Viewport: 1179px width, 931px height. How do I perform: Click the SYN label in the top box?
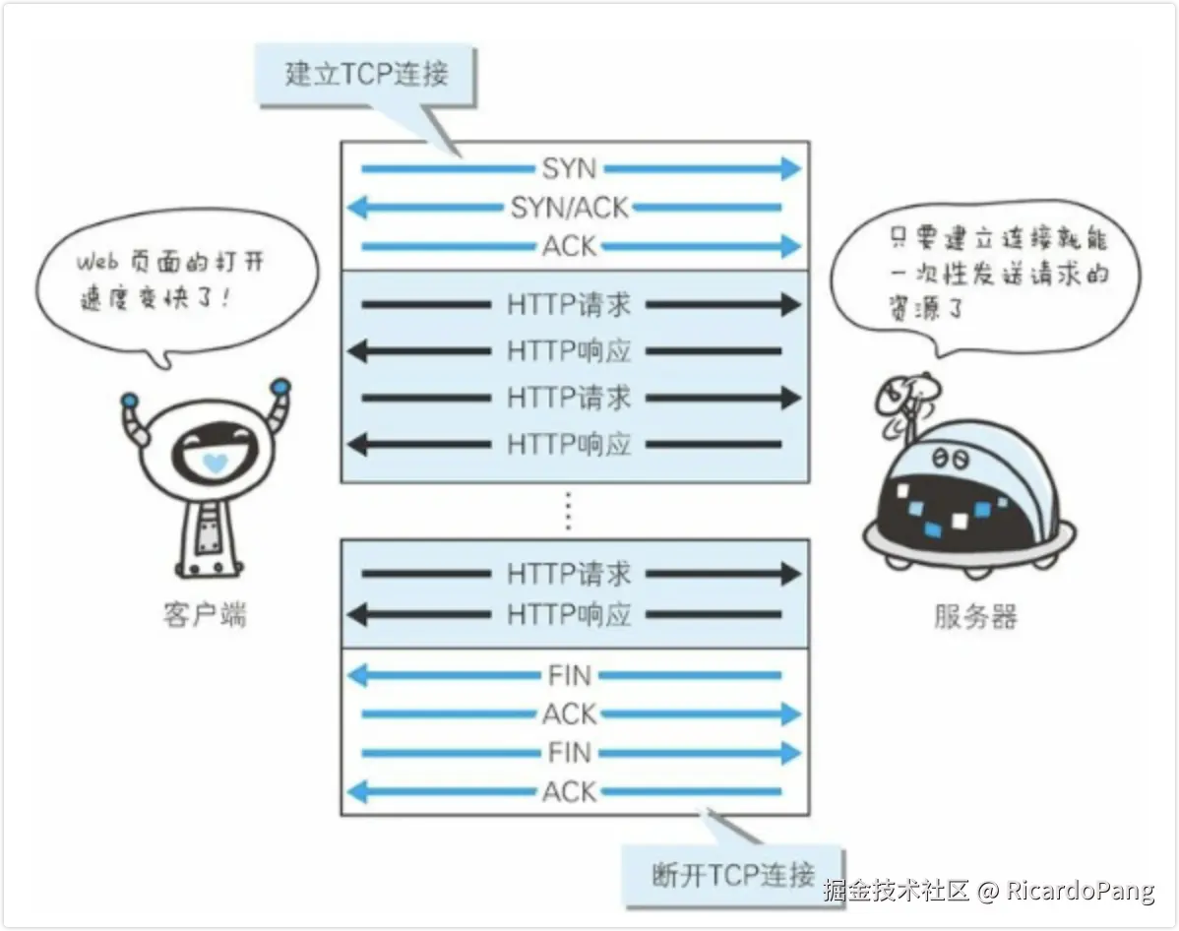(570, 168)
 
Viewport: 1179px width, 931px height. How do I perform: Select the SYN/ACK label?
(569, 208)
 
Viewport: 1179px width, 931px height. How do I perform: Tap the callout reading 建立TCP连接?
(366, 74)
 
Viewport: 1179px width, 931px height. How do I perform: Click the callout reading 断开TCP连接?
(733, 874)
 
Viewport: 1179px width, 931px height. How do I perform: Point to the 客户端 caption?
(204, 615)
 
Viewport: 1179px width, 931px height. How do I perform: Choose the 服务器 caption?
(974, 617)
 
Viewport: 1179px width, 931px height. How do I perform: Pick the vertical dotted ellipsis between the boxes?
(568, 511)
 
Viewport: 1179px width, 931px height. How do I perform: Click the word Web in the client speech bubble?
(97, 263)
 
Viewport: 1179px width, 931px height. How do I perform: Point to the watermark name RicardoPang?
(1080, 891)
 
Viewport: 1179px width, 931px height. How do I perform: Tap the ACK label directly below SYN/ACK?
(570, 246)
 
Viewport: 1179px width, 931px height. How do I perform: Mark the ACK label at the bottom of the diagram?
(570, 791)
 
